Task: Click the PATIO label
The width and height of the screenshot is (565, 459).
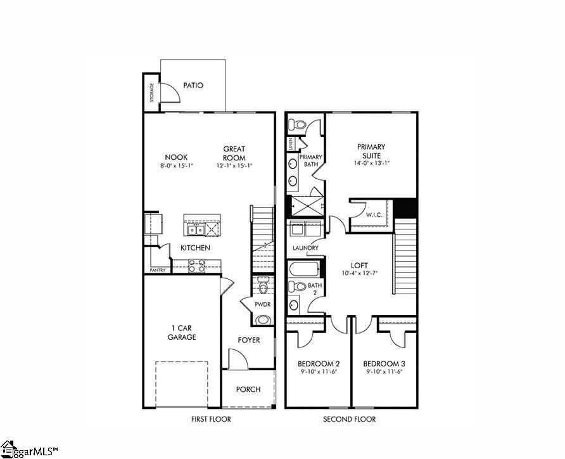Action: (193, 86)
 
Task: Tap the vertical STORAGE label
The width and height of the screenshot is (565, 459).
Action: (151, 93)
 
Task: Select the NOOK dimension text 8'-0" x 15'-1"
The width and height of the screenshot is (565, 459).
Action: (176, 166)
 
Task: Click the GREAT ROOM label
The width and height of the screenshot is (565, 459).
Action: (234, 153)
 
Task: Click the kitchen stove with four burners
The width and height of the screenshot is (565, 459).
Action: (197, 268)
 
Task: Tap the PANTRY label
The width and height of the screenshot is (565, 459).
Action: (158, 270)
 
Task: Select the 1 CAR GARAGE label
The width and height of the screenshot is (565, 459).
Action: (182, 332)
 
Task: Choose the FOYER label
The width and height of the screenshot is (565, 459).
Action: (249, 340)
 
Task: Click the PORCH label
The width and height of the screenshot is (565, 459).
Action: (248, 389)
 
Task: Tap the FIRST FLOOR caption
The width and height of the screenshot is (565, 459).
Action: (211, 419)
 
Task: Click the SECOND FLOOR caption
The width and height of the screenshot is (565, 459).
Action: (350, 419)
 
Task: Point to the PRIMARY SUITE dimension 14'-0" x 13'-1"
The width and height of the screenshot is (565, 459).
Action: (372, 163)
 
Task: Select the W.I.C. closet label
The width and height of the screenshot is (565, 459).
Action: (373, 215)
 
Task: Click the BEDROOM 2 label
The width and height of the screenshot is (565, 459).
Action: (319, 364)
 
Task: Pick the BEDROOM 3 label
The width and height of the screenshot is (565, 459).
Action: (384, 364)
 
